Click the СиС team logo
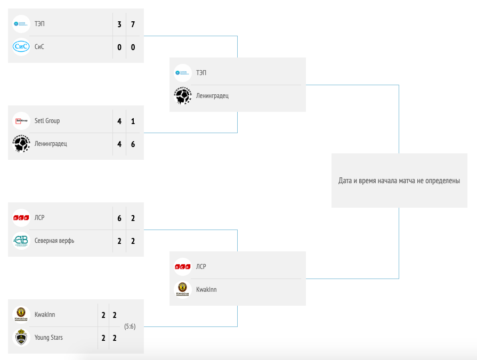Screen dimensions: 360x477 click(x=21, y=47)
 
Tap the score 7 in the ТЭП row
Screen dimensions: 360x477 click(x=133, y=24)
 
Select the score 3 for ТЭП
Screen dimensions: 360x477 click(x=119, y=24)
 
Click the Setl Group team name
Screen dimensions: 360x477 click(x=47, y=121)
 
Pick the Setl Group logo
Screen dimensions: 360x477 click(x=21, y=121)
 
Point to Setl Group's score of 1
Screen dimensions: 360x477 click(x=133, y=121)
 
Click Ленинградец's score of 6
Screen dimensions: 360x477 click(x=133, y=144)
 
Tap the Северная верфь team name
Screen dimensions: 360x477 click(x=54, y=241)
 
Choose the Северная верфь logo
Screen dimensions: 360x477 click(x=21, y=241)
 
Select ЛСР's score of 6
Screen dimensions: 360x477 click(x=119, y=218)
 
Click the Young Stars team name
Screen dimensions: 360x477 click(x=48, y=338)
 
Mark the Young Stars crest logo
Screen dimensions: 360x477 click(x=21, y=338)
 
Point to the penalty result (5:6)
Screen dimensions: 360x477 click(x=130, y=326)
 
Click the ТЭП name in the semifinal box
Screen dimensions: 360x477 click(x=201, y=72)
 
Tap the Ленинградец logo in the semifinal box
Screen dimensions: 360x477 click(x=183, y=96)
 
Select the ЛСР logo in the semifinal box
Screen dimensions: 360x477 click(x=183, y=266)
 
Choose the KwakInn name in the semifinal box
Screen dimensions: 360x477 click(x=206, y=290)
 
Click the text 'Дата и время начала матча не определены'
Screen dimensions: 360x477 click(x=399, y=181)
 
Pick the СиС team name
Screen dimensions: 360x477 click(x=39, y=47)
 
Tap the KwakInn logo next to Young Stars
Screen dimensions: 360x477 click(x=21, y=315)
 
